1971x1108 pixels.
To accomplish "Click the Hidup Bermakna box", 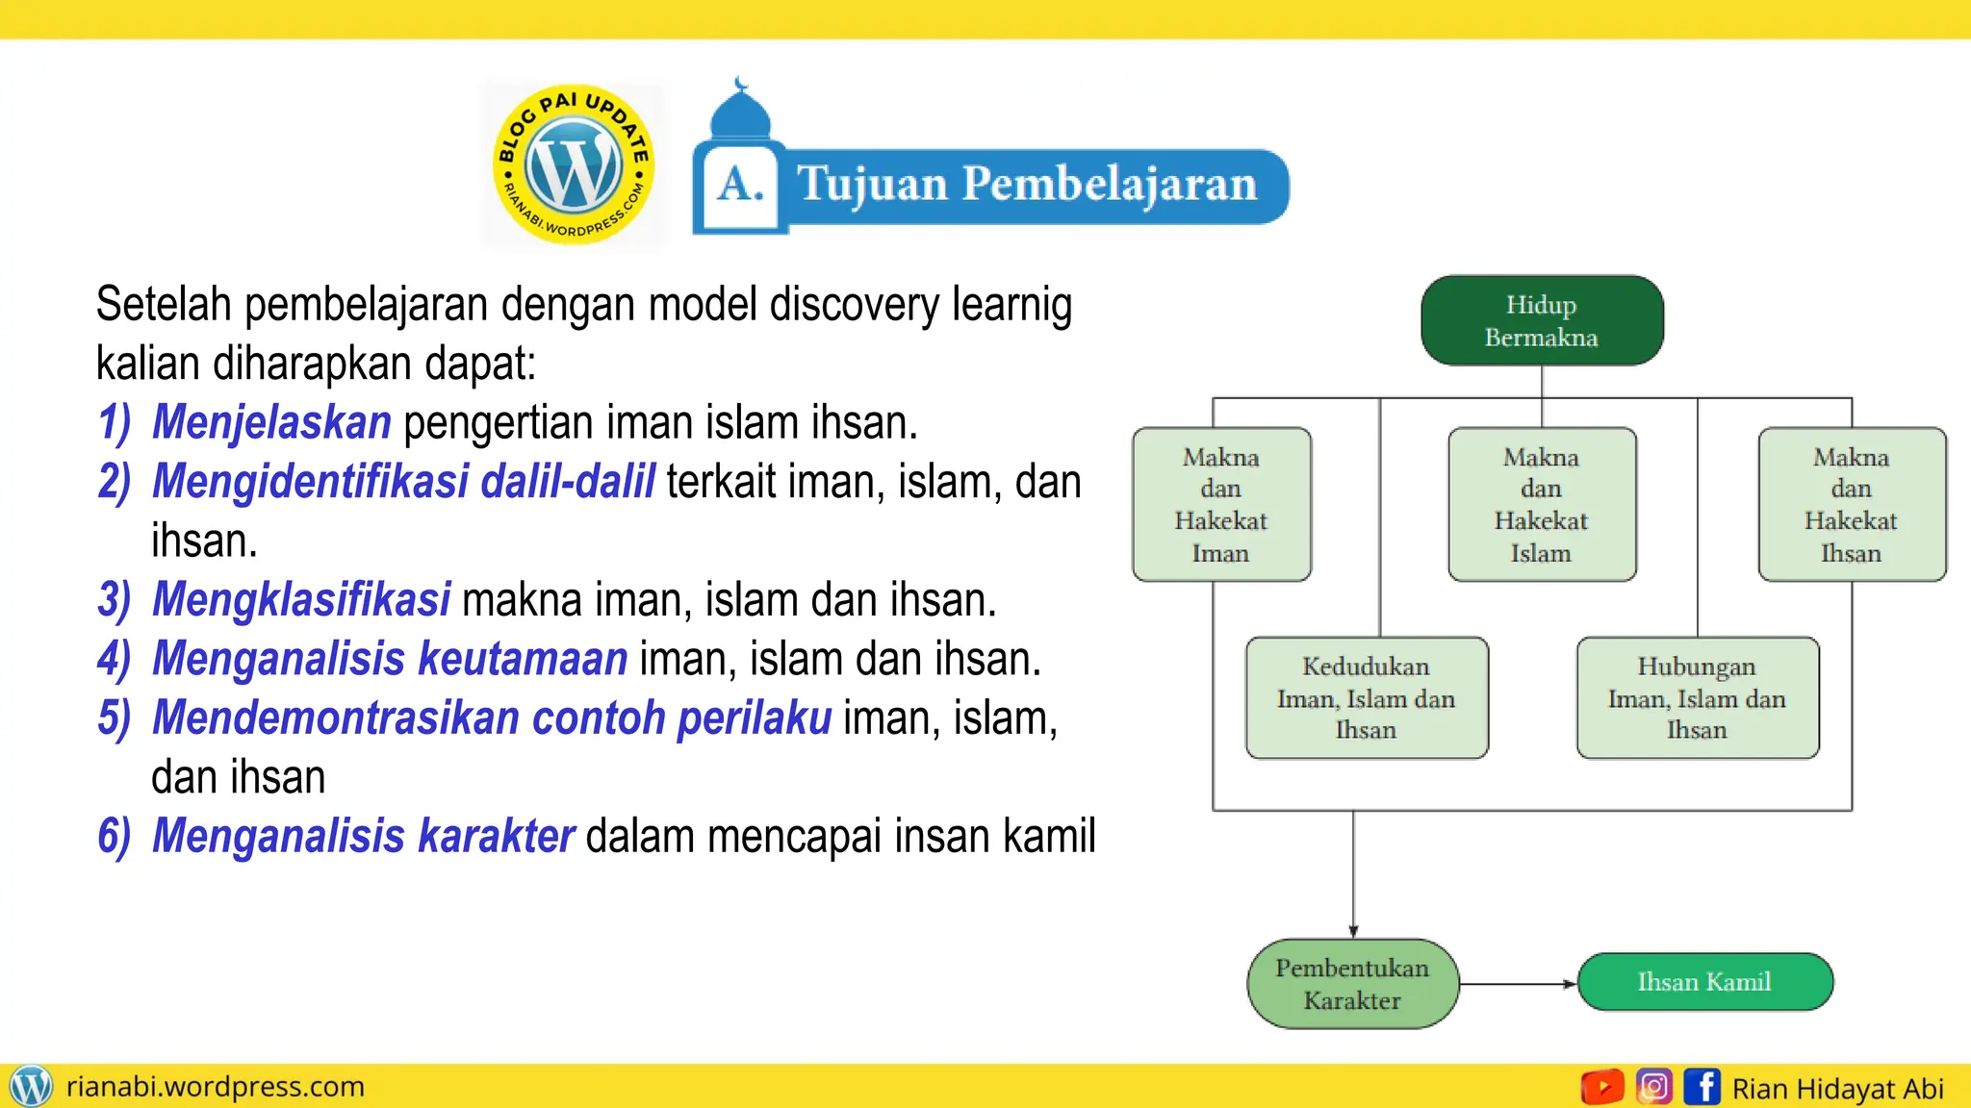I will coord(1542,320).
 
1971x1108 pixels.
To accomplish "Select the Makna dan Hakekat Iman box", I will coord(1221,504).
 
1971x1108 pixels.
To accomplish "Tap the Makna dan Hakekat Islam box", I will coord(1542,504).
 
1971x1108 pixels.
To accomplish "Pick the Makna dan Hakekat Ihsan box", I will coord(1852,504).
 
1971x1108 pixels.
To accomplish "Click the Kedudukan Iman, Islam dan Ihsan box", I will coord(1367,697).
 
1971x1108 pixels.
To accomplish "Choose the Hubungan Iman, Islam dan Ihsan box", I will coord(1698,697).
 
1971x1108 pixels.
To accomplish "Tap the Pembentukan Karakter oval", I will coord(1352,984).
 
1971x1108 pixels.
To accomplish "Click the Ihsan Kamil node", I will coord(1704,982).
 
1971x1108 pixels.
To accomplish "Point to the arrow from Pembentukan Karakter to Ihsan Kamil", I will coord(1518,984).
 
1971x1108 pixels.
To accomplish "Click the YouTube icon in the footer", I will coord(1602,1087).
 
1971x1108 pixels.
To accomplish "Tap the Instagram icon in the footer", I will coord(1653,1087).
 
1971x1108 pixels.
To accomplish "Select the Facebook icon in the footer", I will coord(1702,1087).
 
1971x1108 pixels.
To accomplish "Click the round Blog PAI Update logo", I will coord(574,164).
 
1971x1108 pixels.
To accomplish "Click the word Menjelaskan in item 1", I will coord(271,422).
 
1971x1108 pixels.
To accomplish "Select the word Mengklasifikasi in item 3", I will coord(300,599).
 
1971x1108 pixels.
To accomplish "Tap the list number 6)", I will coord(114,836).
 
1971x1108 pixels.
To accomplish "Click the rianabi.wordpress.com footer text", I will coord(215,1087).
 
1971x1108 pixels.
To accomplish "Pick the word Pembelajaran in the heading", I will coord(1109,184).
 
